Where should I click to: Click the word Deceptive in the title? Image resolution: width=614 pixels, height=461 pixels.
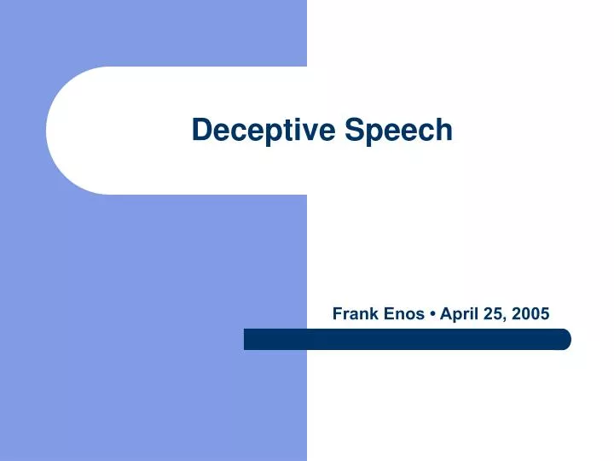[264, 130]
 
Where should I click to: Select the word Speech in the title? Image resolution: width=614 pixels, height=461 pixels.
[399, 130]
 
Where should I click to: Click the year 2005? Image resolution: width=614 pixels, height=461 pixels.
[532, 313]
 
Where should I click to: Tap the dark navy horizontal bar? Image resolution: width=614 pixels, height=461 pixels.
[407, 339]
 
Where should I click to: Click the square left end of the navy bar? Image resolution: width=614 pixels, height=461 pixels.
[247, 339]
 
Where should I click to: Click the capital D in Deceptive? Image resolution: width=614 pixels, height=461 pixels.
[201, 130]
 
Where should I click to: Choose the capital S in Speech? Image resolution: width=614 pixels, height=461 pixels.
[353, 130]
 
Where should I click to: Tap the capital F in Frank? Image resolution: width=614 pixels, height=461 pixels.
[337, 313]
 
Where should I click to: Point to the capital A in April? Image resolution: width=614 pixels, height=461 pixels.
[446, 313]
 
